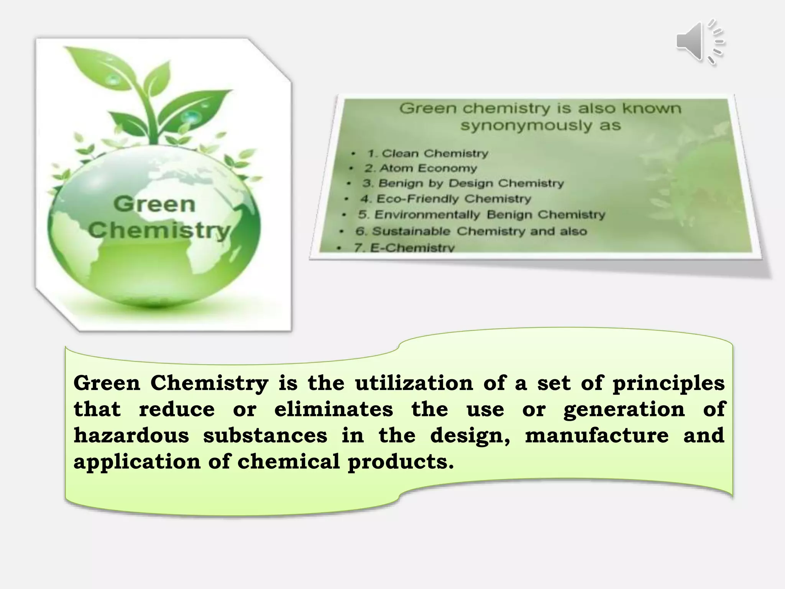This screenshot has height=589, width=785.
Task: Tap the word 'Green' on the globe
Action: (154, 204)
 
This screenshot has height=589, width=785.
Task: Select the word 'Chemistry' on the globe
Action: (159, 230)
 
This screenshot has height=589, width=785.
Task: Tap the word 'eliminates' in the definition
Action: (333, 409)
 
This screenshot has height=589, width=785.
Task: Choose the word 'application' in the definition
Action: (137, 462)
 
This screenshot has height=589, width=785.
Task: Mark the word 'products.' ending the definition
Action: (401, 462)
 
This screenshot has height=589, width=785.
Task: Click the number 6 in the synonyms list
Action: (360, 231)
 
